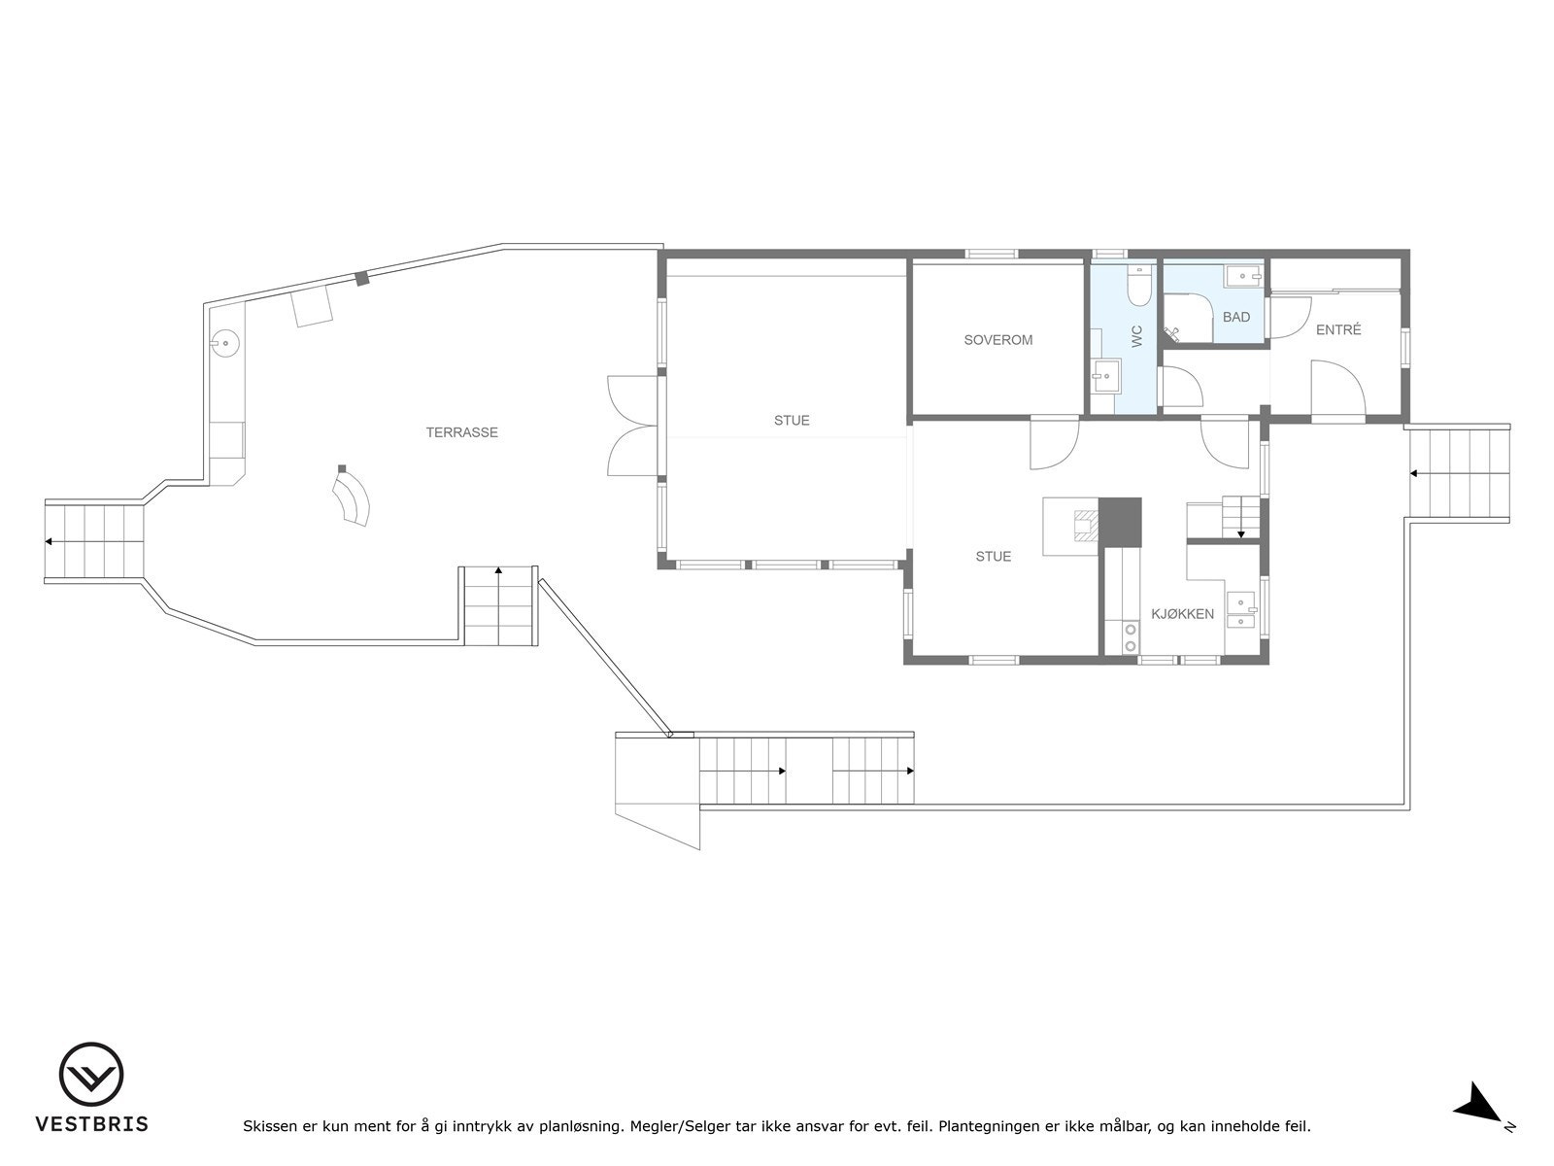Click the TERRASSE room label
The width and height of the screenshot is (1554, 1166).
tap(461, 432)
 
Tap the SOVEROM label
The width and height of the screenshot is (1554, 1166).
tap(997, 340)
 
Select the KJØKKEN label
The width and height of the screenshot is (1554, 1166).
tap(1182, 614)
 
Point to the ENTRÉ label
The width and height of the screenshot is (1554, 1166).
tap(1338, 330)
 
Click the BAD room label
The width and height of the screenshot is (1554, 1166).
tap(1236, 318)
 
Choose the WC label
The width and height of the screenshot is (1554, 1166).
tap(1136, 336)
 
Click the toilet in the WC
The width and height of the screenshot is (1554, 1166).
tap(1137, 287)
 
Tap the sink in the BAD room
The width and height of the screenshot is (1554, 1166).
tap(1244, 278)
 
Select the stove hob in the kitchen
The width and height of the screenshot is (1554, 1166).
tap(1131, 637)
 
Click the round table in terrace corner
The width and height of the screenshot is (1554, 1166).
tap(225, 342)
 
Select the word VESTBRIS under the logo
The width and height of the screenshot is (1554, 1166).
tap(91, 1124)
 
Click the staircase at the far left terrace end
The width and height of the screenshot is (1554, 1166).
tap(94, 540)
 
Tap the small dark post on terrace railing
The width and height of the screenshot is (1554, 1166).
tap(362, 279)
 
